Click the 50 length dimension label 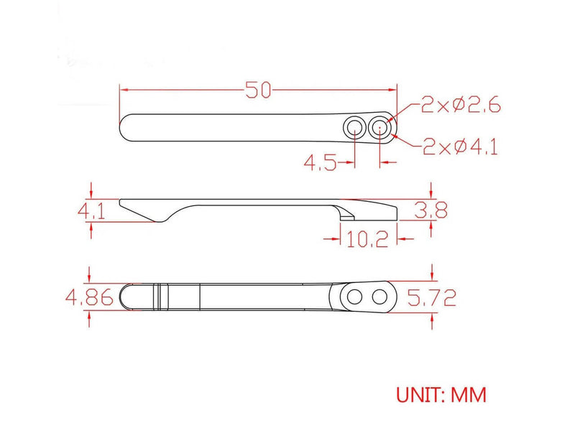click(x=257, y=90)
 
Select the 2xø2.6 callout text click(x=460, y=106)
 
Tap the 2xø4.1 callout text click(x=461, y=147)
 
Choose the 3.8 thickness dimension click(x=431, y=210)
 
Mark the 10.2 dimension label click(x=367, y=238)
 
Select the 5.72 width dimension click(x=431, y=297)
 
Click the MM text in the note click(x=469, y=394)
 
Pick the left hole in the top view click(x=354, y=129)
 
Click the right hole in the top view click(x=379, y=129)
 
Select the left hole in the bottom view click(x=353, y=296)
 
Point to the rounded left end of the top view click(x=124, y=129)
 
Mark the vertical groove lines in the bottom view click(x=159, y=296)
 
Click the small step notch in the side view click(x=346, y=215)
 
